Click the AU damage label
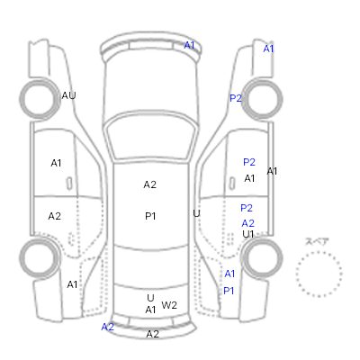tap(68, 95)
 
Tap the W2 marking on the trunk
tap(169, 305)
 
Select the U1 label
tap(248, 234)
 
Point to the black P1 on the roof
tap(150, 216)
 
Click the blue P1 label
tap(229, 291)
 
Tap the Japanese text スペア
tap(317, 241)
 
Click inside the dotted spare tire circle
tap(319, 274)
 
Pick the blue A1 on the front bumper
tap(189, 45)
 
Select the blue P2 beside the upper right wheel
tap(236, 98)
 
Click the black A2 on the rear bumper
tap(152, 334)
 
